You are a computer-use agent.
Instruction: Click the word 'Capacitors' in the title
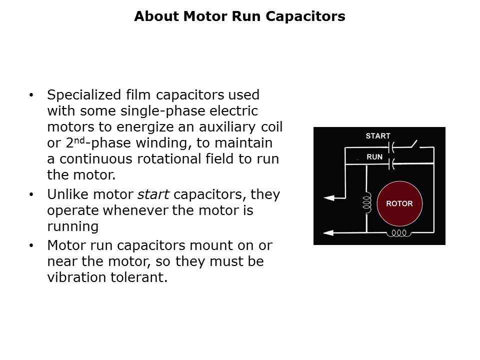(x=305, y=16)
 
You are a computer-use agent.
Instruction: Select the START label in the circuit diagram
(x=377, y=136)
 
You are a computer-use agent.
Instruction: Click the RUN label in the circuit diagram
(x=374, y=157)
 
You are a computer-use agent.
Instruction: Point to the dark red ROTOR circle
(x=399, y=204)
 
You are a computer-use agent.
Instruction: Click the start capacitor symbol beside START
(x=393, y=147)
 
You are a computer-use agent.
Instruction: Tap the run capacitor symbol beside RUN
(x=393, y=163)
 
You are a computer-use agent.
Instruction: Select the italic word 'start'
(x=153, y=194)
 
